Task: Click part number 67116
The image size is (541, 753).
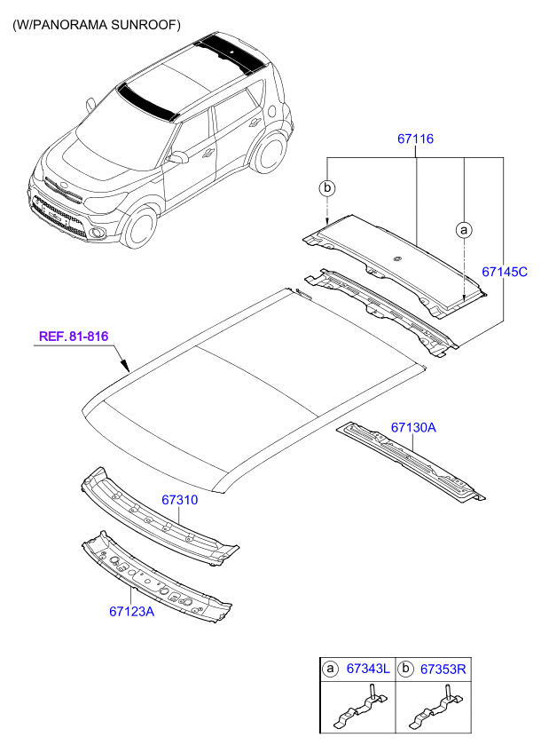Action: point(416,139)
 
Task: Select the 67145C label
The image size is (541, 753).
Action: point(504,273)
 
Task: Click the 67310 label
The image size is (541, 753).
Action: point(179,500)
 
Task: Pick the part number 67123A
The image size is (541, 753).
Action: point(132,611)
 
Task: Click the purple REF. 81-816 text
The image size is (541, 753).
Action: point(74,337)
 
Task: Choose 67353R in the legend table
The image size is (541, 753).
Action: point(442,668)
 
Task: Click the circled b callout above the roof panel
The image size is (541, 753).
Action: point(327,188)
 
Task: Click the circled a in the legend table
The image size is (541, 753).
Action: point(330,668)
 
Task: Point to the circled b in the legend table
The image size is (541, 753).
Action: point(405,668)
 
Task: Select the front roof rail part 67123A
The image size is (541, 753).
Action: point(160,577)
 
